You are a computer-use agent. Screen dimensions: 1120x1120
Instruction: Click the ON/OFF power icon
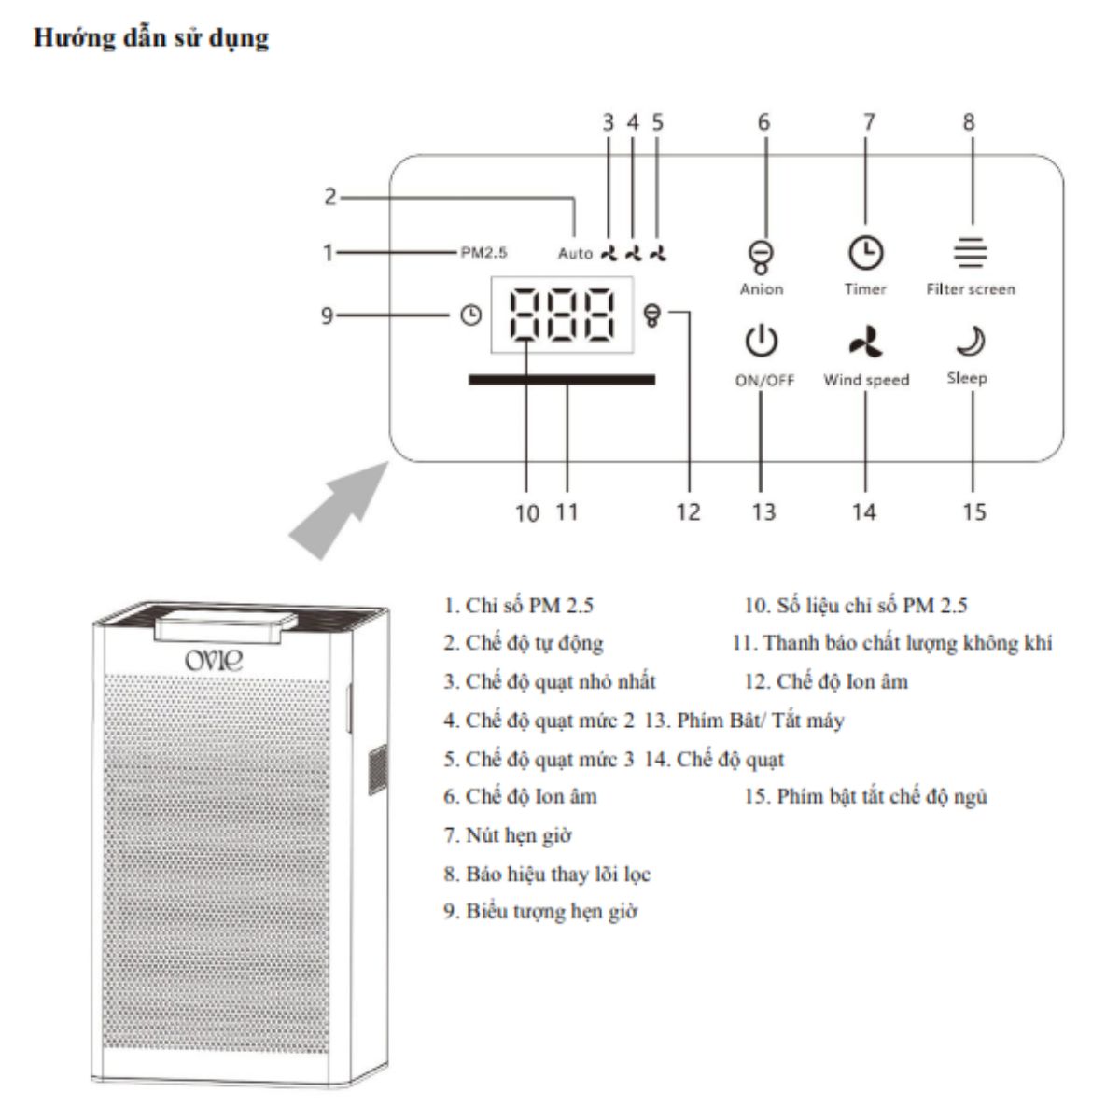pyautogui.click(x=761, y=342)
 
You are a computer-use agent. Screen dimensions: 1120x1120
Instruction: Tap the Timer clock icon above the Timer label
pyautogui.click(x=865, y=253)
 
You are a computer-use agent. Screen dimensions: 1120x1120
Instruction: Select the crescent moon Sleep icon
pyautogui.click(x=971, y=342)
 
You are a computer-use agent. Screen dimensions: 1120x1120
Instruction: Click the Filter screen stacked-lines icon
pyautogui.click(x=970, y=252)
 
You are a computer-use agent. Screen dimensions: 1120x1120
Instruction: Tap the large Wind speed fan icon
pyautogui.click(x=865, y=342)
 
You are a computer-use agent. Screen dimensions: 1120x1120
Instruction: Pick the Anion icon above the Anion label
pyautogui.click(x=761, y=257)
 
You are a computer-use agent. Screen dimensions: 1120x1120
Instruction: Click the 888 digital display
pyautogui.click(x=562, y=315)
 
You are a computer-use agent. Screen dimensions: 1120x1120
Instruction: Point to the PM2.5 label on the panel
pyautogui.click(x=483, y=253)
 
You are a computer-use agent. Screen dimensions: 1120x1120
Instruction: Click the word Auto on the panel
pyautogui.click(x=575, y=254)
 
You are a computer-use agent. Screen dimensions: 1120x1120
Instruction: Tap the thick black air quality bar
pyautogui.click(x=562, y=380)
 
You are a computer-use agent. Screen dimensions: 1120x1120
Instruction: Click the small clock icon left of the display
pyautogui.click(x=470, y=315)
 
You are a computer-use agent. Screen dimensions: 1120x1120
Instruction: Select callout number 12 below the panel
pyautogui.click(x=688, y=512)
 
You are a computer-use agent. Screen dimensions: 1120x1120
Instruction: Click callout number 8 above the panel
pyautogui.click(x=969, y=122)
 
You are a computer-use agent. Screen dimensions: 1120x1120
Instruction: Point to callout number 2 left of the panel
pyautogui.click(x=330, y=196)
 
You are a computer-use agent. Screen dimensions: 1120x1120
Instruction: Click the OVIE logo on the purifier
pyautogui.click(x=214, y=660)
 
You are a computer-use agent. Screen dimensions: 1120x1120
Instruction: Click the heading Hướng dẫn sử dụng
pyautogui.click(x=151, y=38)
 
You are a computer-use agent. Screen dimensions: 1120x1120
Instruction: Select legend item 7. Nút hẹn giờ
pyautogui.click(x=508, y=835)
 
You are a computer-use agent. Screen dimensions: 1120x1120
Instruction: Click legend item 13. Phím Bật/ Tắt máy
pyautogui.click(x=743, y=721)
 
